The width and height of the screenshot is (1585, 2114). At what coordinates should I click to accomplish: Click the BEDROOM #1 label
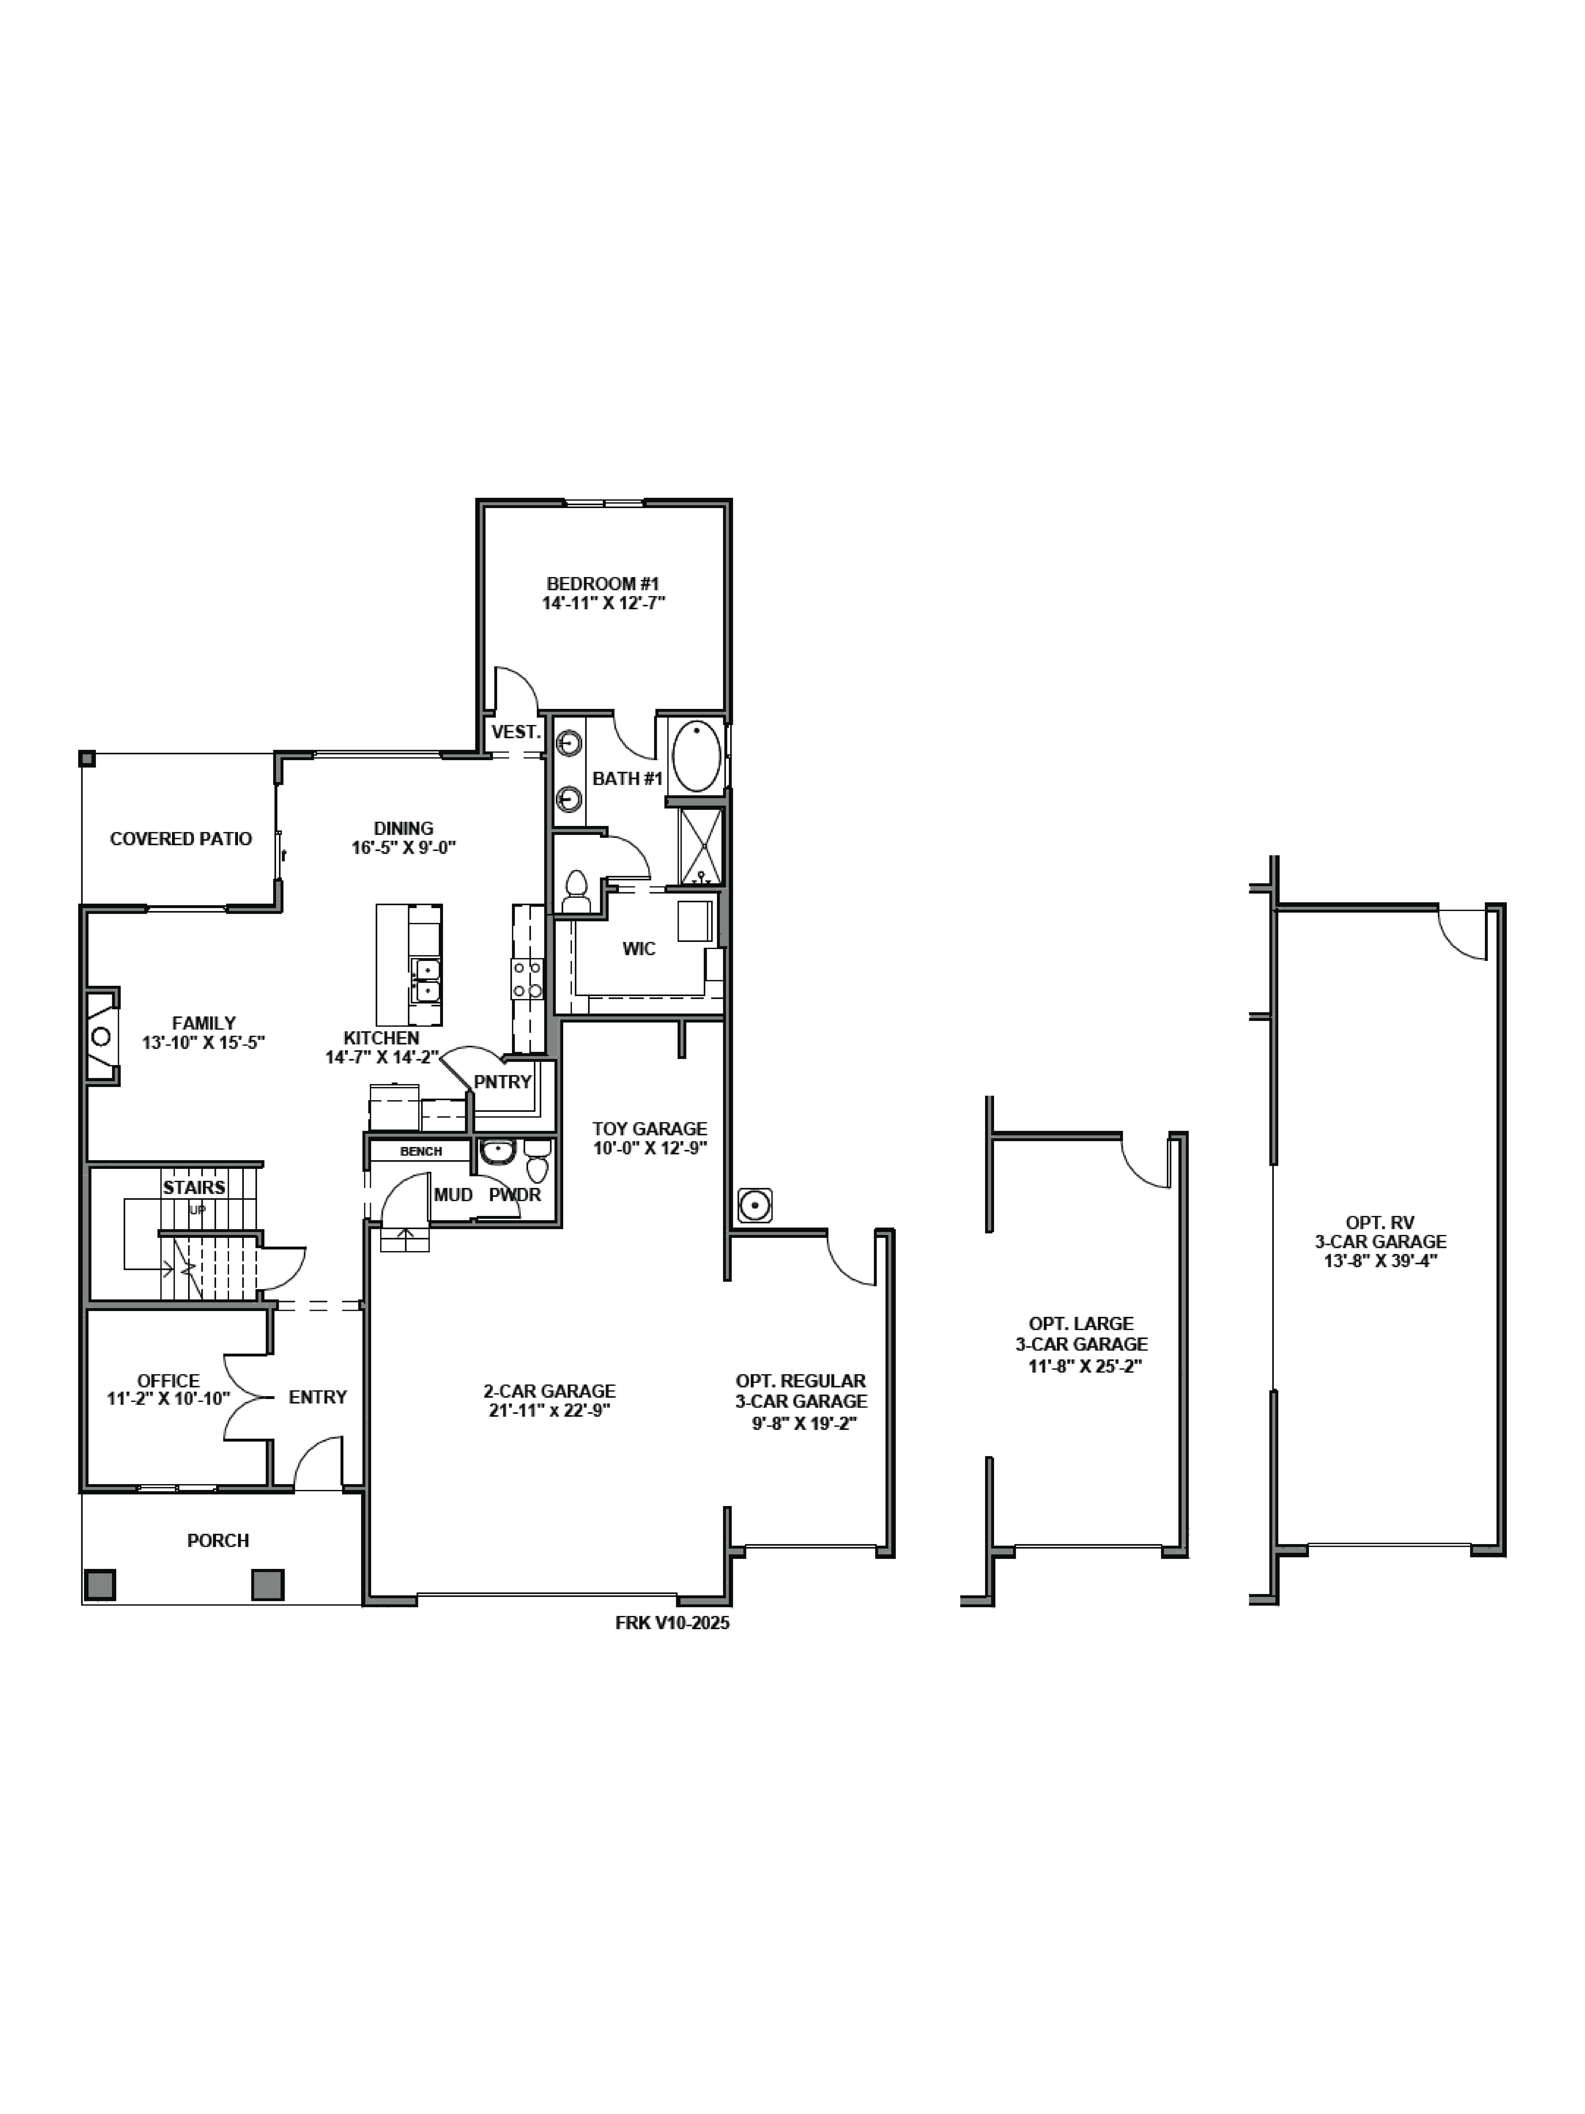(603, 583)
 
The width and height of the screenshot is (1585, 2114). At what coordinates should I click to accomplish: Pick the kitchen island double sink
(426, 981)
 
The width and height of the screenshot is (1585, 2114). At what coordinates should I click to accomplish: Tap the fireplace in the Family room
(101, 1036)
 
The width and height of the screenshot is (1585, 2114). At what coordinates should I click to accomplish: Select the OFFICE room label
(168, 1381)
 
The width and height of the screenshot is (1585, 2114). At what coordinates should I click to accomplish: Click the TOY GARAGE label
(650, 1129)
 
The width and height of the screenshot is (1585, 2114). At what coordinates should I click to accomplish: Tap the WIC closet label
(639, 949)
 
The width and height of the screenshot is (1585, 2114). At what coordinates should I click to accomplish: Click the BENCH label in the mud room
(420, 1152)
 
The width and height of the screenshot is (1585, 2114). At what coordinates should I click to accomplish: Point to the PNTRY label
(502, 1082)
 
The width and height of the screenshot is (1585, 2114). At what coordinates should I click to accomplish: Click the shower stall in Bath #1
(700, 846)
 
